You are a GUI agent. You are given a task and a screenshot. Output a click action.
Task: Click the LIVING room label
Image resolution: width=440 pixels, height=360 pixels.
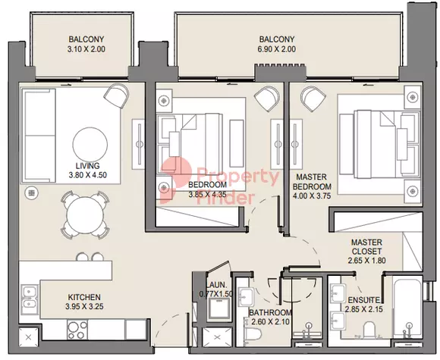pos(87,165)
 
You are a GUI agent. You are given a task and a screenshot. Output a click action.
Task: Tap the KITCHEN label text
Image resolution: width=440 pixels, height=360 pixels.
pos(84,297)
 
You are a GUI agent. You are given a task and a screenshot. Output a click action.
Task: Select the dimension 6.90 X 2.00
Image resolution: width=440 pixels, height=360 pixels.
pos(276,49)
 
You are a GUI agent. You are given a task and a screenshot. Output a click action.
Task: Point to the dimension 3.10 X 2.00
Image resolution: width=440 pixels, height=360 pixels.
pos(86,49)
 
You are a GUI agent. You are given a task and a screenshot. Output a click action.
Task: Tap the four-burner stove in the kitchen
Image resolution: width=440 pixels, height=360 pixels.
pos(77,330)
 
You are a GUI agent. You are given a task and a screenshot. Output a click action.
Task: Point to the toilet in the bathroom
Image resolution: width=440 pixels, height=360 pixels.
pos(253,333)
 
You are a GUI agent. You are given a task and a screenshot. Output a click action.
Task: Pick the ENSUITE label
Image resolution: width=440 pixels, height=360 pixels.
pos(363,300)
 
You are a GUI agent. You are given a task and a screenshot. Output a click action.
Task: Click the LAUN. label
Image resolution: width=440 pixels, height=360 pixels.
pos(216,285)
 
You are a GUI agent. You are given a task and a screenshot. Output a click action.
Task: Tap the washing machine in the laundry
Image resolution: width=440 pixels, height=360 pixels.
pos(218,309)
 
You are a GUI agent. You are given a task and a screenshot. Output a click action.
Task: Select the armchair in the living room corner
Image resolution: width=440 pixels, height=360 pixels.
pos(117,95)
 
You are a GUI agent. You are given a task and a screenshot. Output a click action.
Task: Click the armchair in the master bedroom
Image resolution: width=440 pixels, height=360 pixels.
pos(313,99)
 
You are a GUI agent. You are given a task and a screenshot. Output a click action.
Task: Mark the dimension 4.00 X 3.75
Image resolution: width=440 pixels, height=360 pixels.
pos(312,196)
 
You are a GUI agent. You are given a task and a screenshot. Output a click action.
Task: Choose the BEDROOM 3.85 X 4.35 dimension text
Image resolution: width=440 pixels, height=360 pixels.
pos(207,194)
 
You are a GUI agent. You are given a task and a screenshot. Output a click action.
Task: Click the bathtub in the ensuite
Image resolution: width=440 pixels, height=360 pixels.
pos(407,308)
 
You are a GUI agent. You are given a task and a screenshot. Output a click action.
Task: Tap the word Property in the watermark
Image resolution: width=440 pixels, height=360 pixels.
pos(238,177)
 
